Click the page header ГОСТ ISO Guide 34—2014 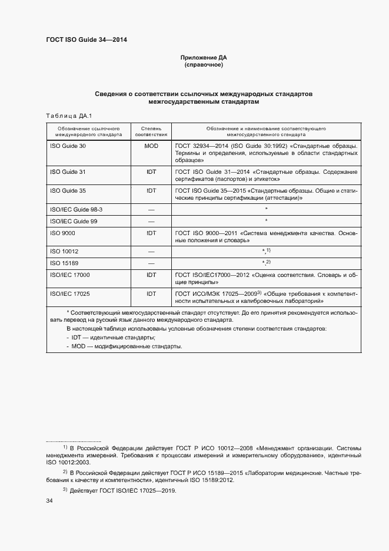(x=87, y=40)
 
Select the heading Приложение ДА (x=204, y=58)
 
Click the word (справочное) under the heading (x=204, y=65)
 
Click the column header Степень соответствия (x=151, y=131)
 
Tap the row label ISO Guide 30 (x=68, y=146)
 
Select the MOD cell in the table (x=151, y=146)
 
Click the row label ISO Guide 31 (x=68, y=171)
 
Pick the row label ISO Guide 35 (x=68, y=190)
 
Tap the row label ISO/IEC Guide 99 (x=74, y=221)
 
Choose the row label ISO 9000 (x=63, y=233)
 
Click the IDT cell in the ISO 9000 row (x=151, y=233)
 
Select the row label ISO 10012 (x=64, y=251)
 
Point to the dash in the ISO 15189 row (x=151, y=263)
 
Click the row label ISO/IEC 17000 (x=70, y=275)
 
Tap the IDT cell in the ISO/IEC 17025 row (x=151, y=293)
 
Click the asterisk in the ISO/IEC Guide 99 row (x=267, y=221)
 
